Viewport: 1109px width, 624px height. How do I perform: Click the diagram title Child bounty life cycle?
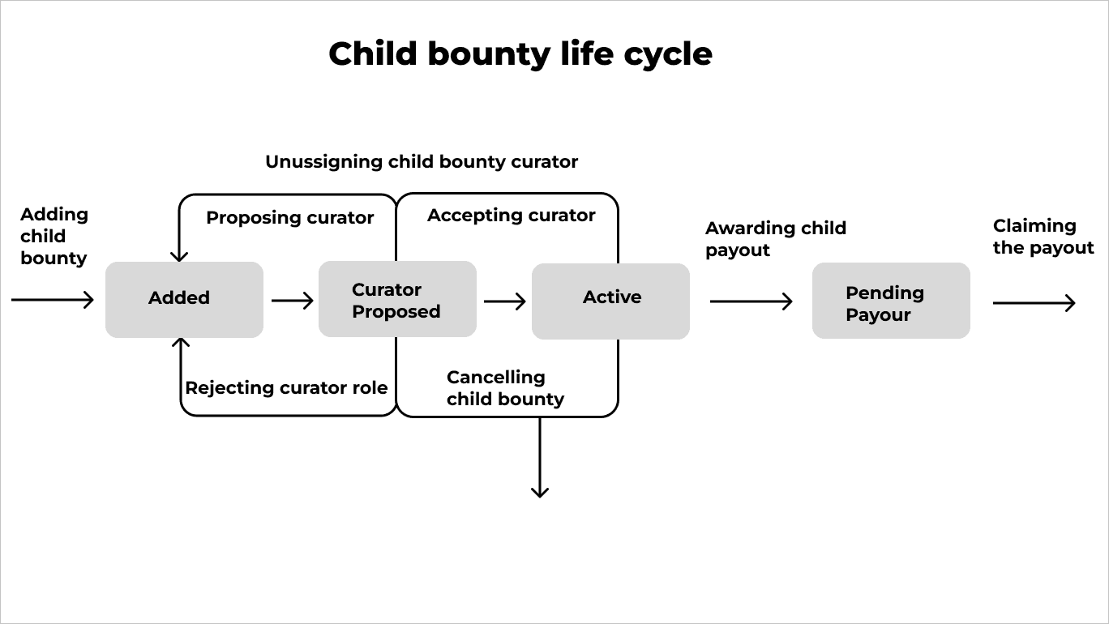(520, 54)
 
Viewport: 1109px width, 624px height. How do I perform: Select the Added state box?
(184, 299)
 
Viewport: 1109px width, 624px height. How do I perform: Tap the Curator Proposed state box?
(397, 300)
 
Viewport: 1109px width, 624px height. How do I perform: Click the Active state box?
(610, 301)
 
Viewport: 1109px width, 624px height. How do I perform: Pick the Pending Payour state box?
(891, 301)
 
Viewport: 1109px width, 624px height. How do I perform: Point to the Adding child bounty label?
(54, 237)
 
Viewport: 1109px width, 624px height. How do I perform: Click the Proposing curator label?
(289, 218)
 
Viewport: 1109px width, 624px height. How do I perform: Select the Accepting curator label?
(511, 216)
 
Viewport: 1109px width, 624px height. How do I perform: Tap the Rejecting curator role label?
(286, 388)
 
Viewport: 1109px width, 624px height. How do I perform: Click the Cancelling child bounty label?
(505, 388)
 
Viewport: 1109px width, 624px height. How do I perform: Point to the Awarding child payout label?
(775, 239)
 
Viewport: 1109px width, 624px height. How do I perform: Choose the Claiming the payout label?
(1043, 237)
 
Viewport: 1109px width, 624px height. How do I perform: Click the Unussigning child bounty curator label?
(422, 162)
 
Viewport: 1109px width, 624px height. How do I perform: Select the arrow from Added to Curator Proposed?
(292, 301)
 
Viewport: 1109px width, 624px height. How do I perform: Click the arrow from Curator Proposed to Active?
(504, 301)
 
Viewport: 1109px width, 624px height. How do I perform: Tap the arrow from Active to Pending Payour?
(751, 301)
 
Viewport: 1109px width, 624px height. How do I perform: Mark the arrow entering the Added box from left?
(53, 300)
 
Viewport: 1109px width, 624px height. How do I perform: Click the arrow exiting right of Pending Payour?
(1034, 303)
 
